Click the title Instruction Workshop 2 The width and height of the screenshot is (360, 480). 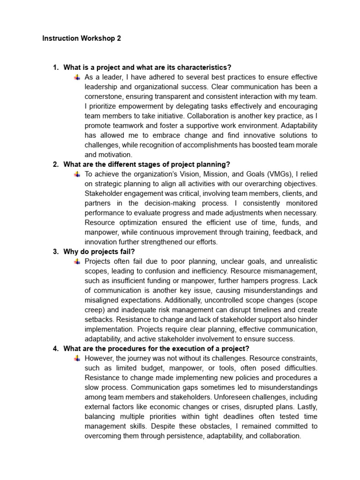[82, 38]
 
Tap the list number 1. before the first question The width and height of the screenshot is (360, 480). [56, 67]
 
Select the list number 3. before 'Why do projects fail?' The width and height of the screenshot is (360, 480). [56, 251]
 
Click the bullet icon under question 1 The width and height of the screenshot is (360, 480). [77, 77]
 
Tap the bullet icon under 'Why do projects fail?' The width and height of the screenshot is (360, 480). [77, 261]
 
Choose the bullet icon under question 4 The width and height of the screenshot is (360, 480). [77, 358]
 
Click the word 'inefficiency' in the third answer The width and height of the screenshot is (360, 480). [220, 271]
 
